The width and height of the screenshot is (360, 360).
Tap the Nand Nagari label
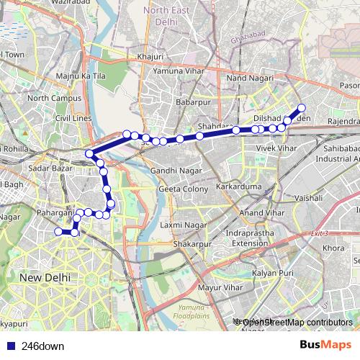tap(246, 77)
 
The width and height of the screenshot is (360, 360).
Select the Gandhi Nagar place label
tap(171, 171)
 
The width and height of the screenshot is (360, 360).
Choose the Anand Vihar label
tap(261, 213)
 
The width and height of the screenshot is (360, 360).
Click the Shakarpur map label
tap(192, 244)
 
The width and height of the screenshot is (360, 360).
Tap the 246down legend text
tap(42, 346)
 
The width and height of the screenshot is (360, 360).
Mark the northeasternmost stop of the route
tap(302, 108)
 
